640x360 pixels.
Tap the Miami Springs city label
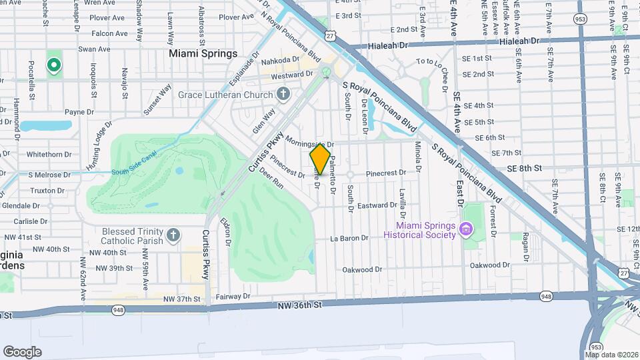point(203,53)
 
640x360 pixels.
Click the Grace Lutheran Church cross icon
point(283,94)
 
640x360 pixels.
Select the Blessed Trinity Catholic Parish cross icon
point(173,235)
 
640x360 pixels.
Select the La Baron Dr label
point(349,238)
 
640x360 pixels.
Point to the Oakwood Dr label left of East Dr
point(362,270)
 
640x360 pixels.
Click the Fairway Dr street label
point(237,296)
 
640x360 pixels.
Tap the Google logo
point(22,351)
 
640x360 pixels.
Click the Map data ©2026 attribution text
point(611,355)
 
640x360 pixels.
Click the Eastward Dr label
point(378,205)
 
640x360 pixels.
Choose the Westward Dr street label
point(292,75)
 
